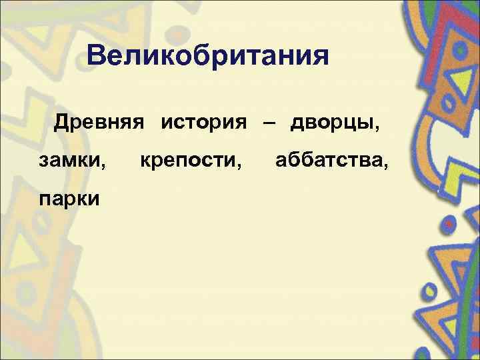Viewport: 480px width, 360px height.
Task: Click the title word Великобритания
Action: (x=207, y=55)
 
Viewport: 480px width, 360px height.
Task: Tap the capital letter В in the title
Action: (x=97, y=55)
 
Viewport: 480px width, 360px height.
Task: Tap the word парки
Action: (x=69, y=197)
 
